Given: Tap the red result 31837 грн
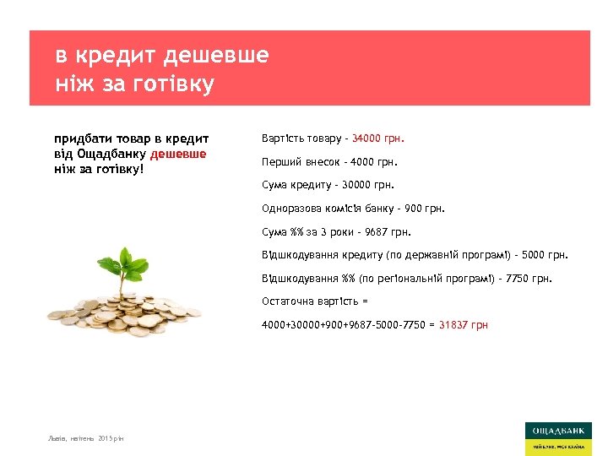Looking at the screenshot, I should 463,325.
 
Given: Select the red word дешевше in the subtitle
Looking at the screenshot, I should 178,154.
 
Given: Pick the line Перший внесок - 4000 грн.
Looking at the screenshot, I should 328,161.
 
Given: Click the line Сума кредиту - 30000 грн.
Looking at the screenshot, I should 328,184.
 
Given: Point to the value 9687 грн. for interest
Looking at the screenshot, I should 389,231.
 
